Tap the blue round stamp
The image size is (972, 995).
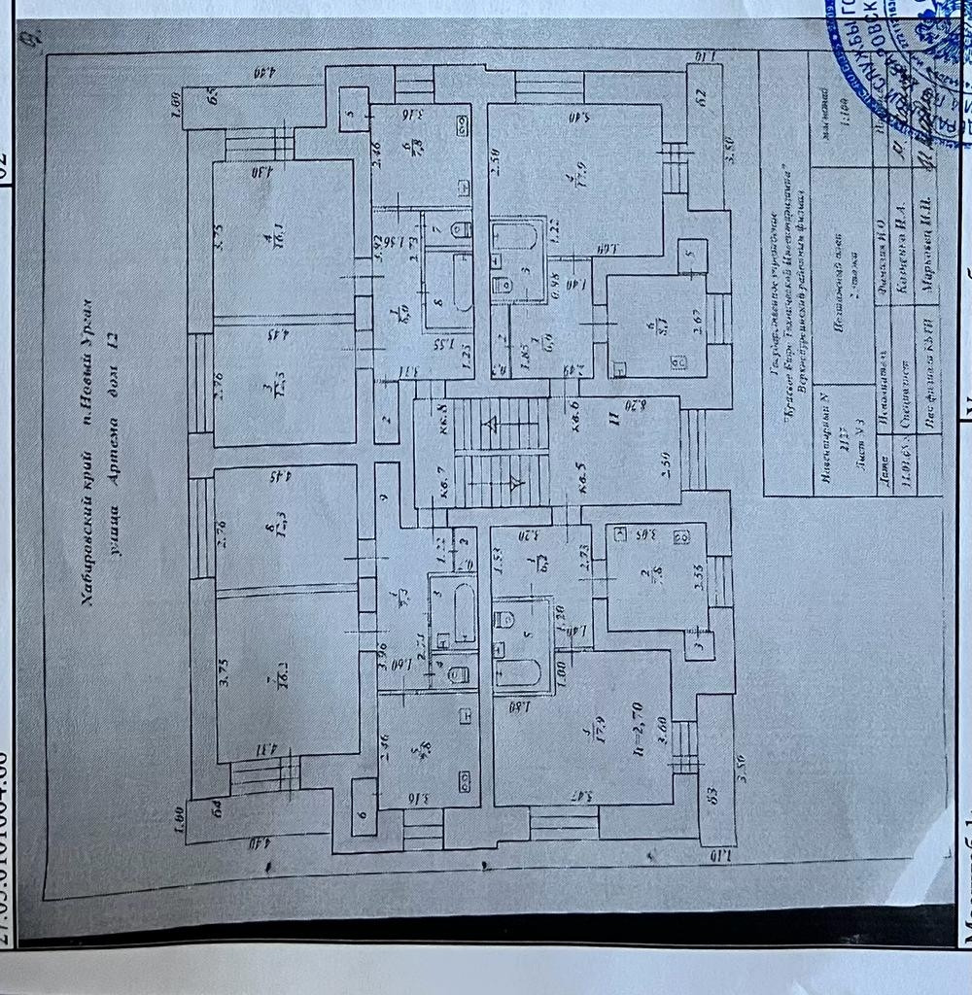click(899, 63)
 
